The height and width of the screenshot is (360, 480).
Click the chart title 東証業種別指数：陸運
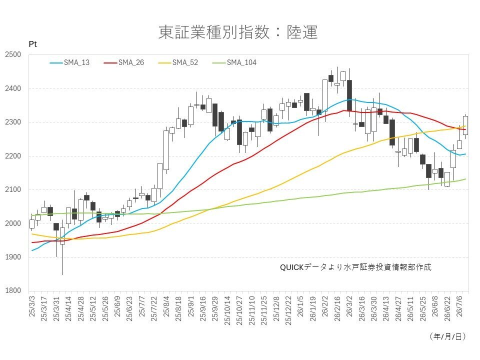238,32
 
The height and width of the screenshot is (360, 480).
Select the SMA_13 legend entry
69,63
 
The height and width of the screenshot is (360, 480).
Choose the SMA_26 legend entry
123,63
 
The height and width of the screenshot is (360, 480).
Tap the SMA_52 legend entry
178,63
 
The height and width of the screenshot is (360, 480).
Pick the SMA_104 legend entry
234,63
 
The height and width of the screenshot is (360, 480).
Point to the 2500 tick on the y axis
13,55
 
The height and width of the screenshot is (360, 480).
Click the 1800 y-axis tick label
13,290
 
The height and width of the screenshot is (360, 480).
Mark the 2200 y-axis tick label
13,156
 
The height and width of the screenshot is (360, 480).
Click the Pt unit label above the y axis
33,44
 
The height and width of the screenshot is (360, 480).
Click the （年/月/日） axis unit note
448,336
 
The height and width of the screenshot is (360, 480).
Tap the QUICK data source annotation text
355,267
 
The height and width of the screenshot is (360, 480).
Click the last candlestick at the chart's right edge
465,125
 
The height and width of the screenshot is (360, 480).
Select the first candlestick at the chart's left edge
32,224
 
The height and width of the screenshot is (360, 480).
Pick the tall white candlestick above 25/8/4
166,150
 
